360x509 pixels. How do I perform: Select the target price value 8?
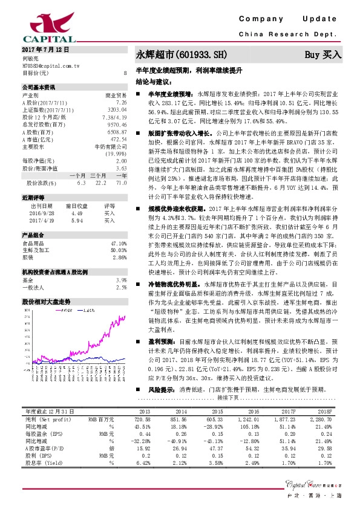pos(125,73)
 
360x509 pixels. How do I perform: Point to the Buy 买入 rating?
pos(323,54)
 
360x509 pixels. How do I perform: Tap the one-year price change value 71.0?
pos(121,182)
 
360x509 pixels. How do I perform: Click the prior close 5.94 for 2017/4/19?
pos(76,220)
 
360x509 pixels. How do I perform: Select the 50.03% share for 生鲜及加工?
pos(118,250)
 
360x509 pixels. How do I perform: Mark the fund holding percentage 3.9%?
pos(121,280)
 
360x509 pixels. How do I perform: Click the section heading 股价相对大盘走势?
pos(47,300)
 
